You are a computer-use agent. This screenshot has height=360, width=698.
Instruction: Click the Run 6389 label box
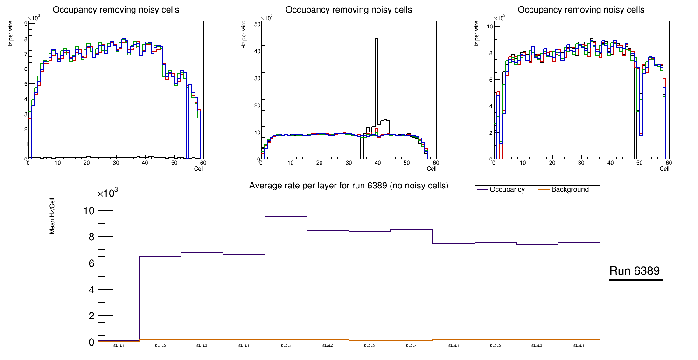635,271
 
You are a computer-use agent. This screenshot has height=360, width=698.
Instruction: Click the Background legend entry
570,190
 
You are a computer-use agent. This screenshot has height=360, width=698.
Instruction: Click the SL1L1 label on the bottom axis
119,346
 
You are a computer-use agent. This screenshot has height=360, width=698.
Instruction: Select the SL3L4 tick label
579,346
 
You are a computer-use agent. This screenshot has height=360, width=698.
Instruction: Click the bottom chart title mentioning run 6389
349,186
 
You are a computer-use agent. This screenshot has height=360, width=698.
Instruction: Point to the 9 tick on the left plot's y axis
25,24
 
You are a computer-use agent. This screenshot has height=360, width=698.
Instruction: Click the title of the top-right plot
581,10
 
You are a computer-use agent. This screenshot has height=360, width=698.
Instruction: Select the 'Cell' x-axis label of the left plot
199,168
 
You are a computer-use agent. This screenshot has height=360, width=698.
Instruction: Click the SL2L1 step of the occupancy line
286,216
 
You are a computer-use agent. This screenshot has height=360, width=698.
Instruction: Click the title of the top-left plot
116,10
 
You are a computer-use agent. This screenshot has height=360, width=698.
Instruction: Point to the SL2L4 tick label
411,346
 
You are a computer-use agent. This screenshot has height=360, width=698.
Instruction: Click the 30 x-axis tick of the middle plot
349,163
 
